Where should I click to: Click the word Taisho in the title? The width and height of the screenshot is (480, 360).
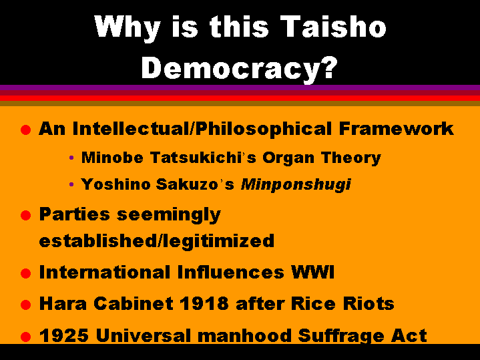(333, 26)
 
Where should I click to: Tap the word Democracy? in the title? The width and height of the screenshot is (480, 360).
(240, 69)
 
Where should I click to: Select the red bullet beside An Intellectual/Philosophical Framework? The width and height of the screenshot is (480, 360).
(26, 130)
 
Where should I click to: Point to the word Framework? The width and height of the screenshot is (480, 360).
(396, 128)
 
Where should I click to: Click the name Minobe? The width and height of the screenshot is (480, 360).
(112, 158)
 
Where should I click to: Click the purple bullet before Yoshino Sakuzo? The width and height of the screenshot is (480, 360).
(71, 184)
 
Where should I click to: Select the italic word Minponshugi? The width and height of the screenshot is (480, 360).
(296, 185)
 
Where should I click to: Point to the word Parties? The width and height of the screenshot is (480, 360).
(74, 214)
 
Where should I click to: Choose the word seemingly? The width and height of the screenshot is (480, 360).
(169, 215)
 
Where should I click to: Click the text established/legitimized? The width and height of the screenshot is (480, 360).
(157, 241)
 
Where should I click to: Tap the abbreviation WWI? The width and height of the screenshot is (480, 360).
(312, 272)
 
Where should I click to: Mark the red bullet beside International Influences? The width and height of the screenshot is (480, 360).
(26, 273)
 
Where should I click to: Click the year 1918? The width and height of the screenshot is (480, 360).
(204, 304)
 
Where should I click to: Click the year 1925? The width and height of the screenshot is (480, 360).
(64, 335)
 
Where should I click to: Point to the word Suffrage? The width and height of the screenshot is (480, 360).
(340, 336)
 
